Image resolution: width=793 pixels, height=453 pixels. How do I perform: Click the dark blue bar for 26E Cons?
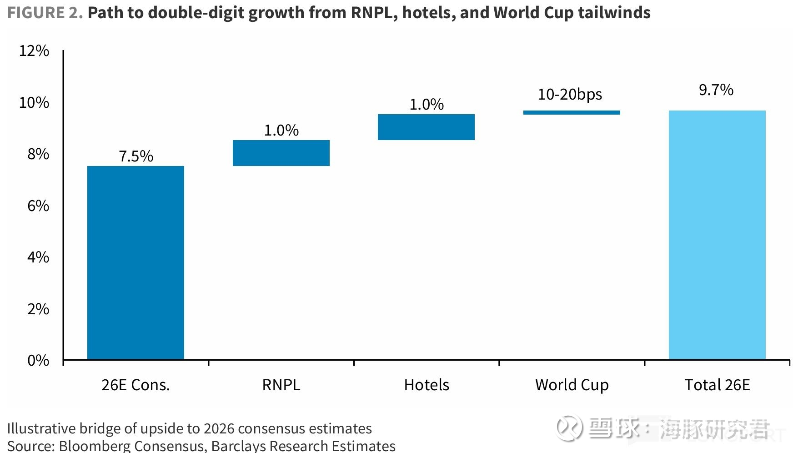tap(136, 262)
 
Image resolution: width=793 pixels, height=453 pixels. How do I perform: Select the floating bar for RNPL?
tap(281, 153)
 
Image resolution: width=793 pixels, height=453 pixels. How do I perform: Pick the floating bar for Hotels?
tap(426, 127)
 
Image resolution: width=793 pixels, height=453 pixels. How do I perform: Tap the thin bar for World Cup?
tap(572, 112)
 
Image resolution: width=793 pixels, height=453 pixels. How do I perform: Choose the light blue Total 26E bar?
tap(717, 235)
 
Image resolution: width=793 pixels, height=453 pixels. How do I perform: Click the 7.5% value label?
tap(136, 156)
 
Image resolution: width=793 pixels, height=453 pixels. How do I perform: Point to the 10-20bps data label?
tap(570, 95)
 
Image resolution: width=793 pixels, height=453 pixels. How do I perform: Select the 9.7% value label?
tap(716, 90)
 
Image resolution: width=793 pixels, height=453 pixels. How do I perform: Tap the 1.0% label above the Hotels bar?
tap(427, 104)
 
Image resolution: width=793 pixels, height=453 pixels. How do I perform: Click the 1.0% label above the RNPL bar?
tap(281, 130)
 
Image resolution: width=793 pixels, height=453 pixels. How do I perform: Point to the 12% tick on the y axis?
tap(34, 50)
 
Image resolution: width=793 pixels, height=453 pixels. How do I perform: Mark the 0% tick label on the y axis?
tap(38, 360)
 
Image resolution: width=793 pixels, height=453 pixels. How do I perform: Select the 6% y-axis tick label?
tap(38, 206)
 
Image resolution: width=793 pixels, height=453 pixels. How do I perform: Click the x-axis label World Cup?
tap(572, 385)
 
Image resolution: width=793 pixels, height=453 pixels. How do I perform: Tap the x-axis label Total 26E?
tap(717, 385)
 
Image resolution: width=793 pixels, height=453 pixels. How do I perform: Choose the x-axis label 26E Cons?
tap(136, 385)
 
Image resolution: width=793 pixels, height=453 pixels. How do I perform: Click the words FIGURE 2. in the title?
tap(45, 13)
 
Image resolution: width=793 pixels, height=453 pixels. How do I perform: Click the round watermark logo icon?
tap(570, 428)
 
